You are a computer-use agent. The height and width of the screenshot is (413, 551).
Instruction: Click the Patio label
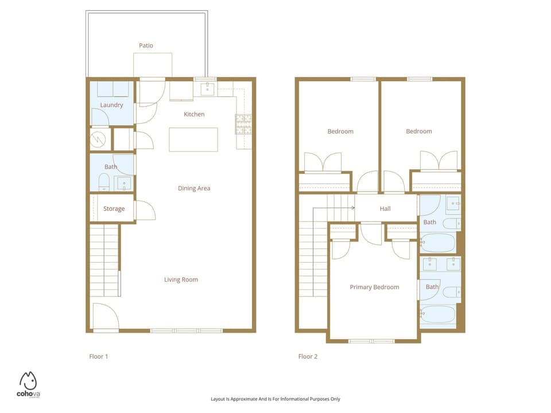click(146, 45)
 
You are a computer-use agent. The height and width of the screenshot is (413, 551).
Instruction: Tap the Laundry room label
click(111, 105)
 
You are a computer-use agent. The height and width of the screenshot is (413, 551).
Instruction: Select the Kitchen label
click(194, 114)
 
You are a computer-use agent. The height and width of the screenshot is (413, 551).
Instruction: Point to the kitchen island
click(193, 139)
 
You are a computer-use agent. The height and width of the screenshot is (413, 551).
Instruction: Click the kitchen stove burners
click(243, 124)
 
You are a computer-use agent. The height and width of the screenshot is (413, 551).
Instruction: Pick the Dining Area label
click(194, 188)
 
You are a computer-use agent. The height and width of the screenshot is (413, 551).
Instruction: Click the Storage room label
click(114, 209)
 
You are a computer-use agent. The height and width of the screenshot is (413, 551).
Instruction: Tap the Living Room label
click(181, 280)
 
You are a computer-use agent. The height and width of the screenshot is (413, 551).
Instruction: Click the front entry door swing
click(104, 316)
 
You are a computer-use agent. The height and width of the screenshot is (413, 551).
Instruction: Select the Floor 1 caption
click(99, 357)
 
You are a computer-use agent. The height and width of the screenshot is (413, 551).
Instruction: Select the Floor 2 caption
click(308, 357)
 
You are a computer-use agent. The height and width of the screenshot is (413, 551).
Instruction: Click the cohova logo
click(29, 384)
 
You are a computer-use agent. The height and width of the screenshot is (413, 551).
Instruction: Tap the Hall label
click(385, 209)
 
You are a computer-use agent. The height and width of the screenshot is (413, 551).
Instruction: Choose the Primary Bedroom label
click(374, 287)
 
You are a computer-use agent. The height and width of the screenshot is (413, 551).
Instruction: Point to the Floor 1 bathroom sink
click(124, 184)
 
